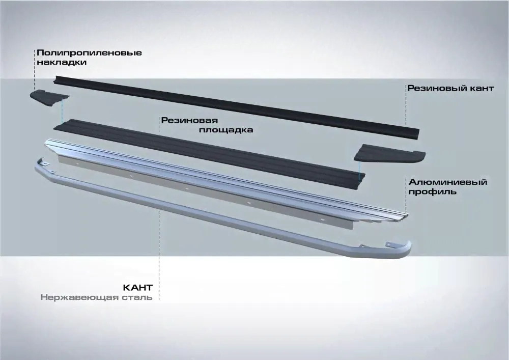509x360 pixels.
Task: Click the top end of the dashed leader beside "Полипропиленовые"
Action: tap(35, 50)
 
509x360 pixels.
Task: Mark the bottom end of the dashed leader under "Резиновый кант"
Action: tap(406, 125)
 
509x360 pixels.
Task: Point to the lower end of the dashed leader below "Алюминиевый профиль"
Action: tap(406, 213)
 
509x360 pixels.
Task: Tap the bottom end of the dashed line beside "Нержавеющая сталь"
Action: tap(159, 299)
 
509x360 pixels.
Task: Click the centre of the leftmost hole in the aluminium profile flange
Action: tap(130, 176)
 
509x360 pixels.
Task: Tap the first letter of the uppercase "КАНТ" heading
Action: tap(127, 288)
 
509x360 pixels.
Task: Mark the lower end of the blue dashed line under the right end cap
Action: tap(359, 180)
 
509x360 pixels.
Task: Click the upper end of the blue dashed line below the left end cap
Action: tap(62, 100)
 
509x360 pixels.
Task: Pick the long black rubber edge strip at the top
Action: tap(236, 107)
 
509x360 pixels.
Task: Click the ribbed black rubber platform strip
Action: tap(209, 154)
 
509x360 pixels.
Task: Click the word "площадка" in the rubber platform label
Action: tap(226, 130)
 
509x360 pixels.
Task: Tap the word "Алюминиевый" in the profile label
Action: tap(448, 182)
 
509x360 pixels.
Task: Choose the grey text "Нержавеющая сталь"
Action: tap(96, 297)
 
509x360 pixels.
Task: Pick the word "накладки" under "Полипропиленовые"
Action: tap(62, 62)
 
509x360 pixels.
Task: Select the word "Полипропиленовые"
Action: tap(89, 53)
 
